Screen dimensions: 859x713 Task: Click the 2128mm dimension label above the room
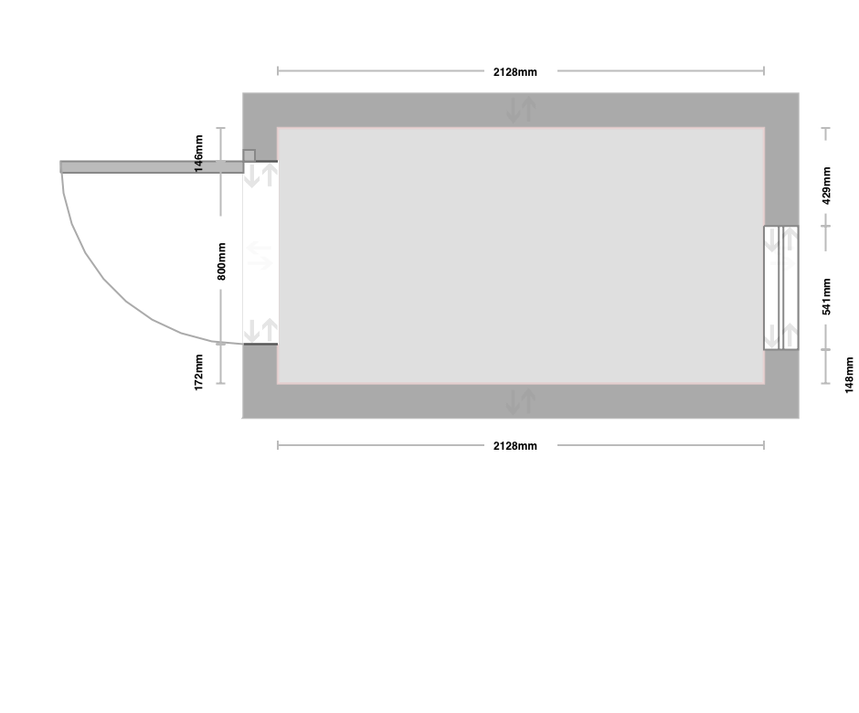click(x=515, y=72)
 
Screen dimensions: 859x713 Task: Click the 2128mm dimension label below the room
click(x=515, y=445)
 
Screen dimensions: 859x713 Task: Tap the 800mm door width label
click(x=221, y=261)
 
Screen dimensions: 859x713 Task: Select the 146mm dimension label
click(x=198, y=154)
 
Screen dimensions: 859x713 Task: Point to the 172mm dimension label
click(x=198, y=372)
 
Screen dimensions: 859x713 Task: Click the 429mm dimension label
click(x=826, y=186)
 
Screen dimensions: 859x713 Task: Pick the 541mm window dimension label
click(x=826, y=296)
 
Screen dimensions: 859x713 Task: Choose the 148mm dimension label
click(x=849, y=375)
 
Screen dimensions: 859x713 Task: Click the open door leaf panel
click(x=152, y=167)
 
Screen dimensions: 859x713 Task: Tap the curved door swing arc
click(x=104, y=279)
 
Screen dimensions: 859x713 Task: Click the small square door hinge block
click(x=249, y=155)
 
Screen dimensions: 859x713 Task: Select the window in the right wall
click(x=781, y=288)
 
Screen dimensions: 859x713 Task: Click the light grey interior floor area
click(x=521, y=255)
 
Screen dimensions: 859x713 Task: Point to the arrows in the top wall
click(x=521, y=109)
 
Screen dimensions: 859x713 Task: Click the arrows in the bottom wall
click(x=521, y=401)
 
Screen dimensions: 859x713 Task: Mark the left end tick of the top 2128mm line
click(x=278, y=70)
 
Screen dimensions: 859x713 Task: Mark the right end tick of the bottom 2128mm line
click(x=764, y=445)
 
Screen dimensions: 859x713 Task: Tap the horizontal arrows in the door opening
click(x=260, y=256)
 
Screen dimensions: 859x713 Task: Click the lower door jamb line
click(x=260, y=345)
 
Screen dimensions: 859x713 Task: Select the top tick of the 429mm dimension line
click(x=825, y=128)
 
